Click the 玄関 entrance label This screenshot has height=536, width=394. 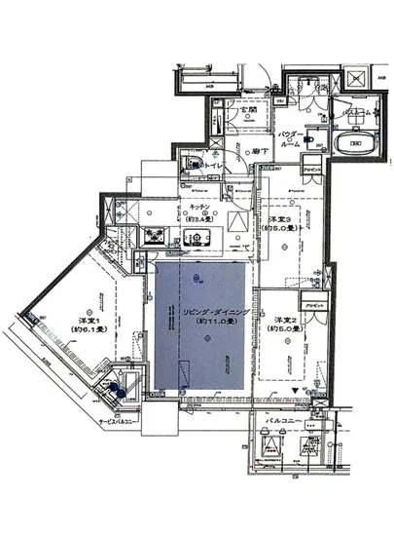pyautogui.click(x=250, y=110)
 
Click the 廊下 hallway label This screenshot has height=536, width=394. pyautogui.click(x=259, y=152)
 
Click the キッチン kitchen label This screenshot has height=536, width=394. pyautogui.click(x=191, y=209)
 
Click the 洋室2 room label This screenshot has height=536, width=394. pyautogui.click(x=284, y=321)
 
